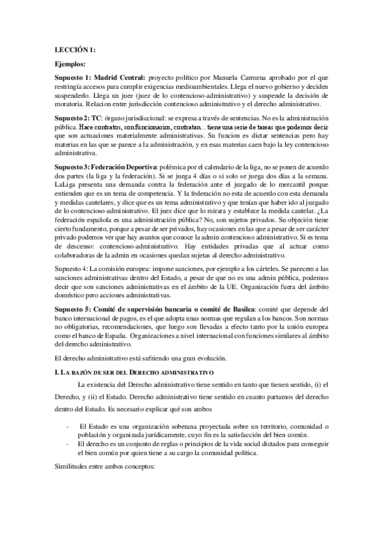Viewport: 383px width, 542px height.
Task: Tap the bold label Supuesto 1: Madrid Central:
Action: (100, 77)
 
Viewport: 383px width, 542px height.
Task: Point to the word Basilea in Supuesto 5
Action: (241, 308)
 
